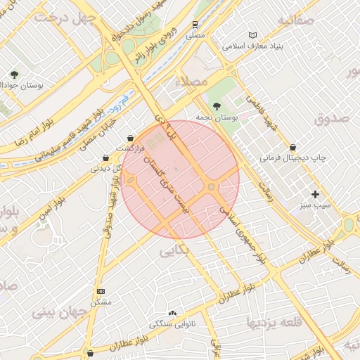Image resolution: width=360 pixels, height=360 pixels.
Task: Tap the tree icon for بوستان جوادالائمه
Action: click(x=13, y=74)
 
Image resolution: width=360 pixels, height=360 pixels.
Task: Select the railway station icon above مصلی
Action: click(x=193, y=24)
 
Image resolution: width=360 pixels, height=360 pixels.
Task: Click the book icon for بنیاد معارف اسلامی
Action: click(x=253, y=35)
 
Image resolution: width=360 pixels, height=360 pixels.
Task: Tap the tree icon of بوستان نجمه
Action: click(x=216, y=105)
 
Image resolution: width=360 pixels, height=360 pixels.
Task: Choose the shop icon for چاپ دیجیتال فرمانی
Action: click(x=292, y=148)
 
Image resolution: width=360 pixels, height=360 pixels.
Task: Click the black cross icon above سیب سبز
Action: click(x=315, y=193)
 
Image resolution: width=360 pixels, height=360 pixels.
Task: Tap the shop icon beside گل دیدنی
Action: click(x=105, y=157)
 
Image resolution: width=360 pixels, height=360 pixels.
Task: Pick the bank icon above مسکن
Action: click(x=101, y=291)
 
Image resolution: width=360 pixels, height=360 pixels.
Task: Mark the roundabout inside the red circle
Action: click(x=212, y=186)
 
